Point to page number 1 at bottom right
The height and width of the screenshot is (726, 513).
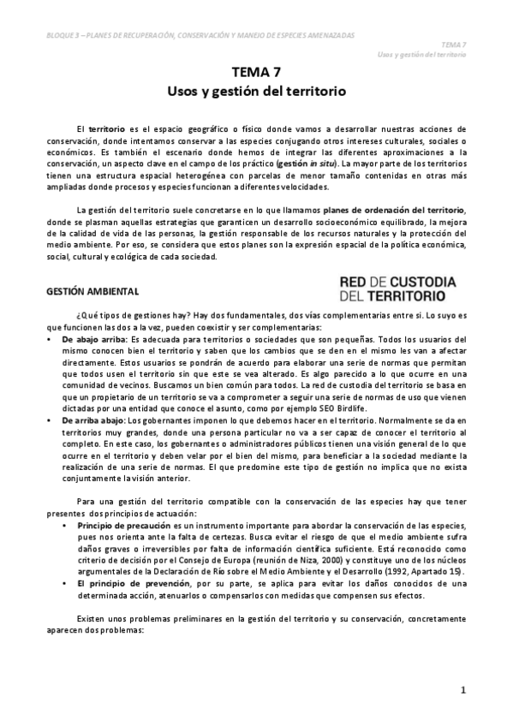462,689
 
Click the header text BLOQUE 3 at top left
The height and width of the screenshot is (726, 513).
64,35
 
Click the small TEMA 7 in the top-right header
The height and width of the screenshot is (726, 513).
454,44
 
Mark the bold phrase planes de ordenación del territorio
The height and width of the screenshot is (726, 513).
395,210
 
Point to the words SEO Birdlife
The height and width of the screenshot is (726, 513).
347,410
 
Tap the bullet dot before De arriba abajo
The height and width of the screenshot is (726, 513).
52,420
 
